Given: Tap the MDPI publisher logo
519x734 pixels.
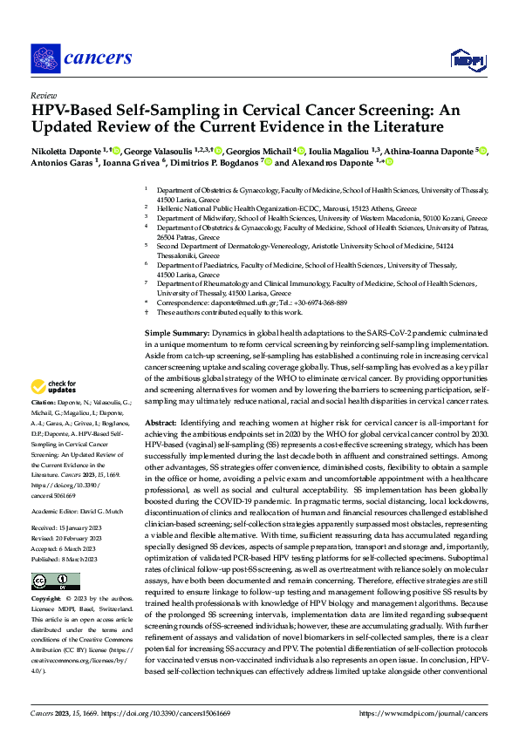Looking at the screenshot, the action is point(467,59).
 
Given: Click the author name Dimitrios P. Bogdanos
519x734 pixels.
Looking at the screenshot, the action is point(219,162).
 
